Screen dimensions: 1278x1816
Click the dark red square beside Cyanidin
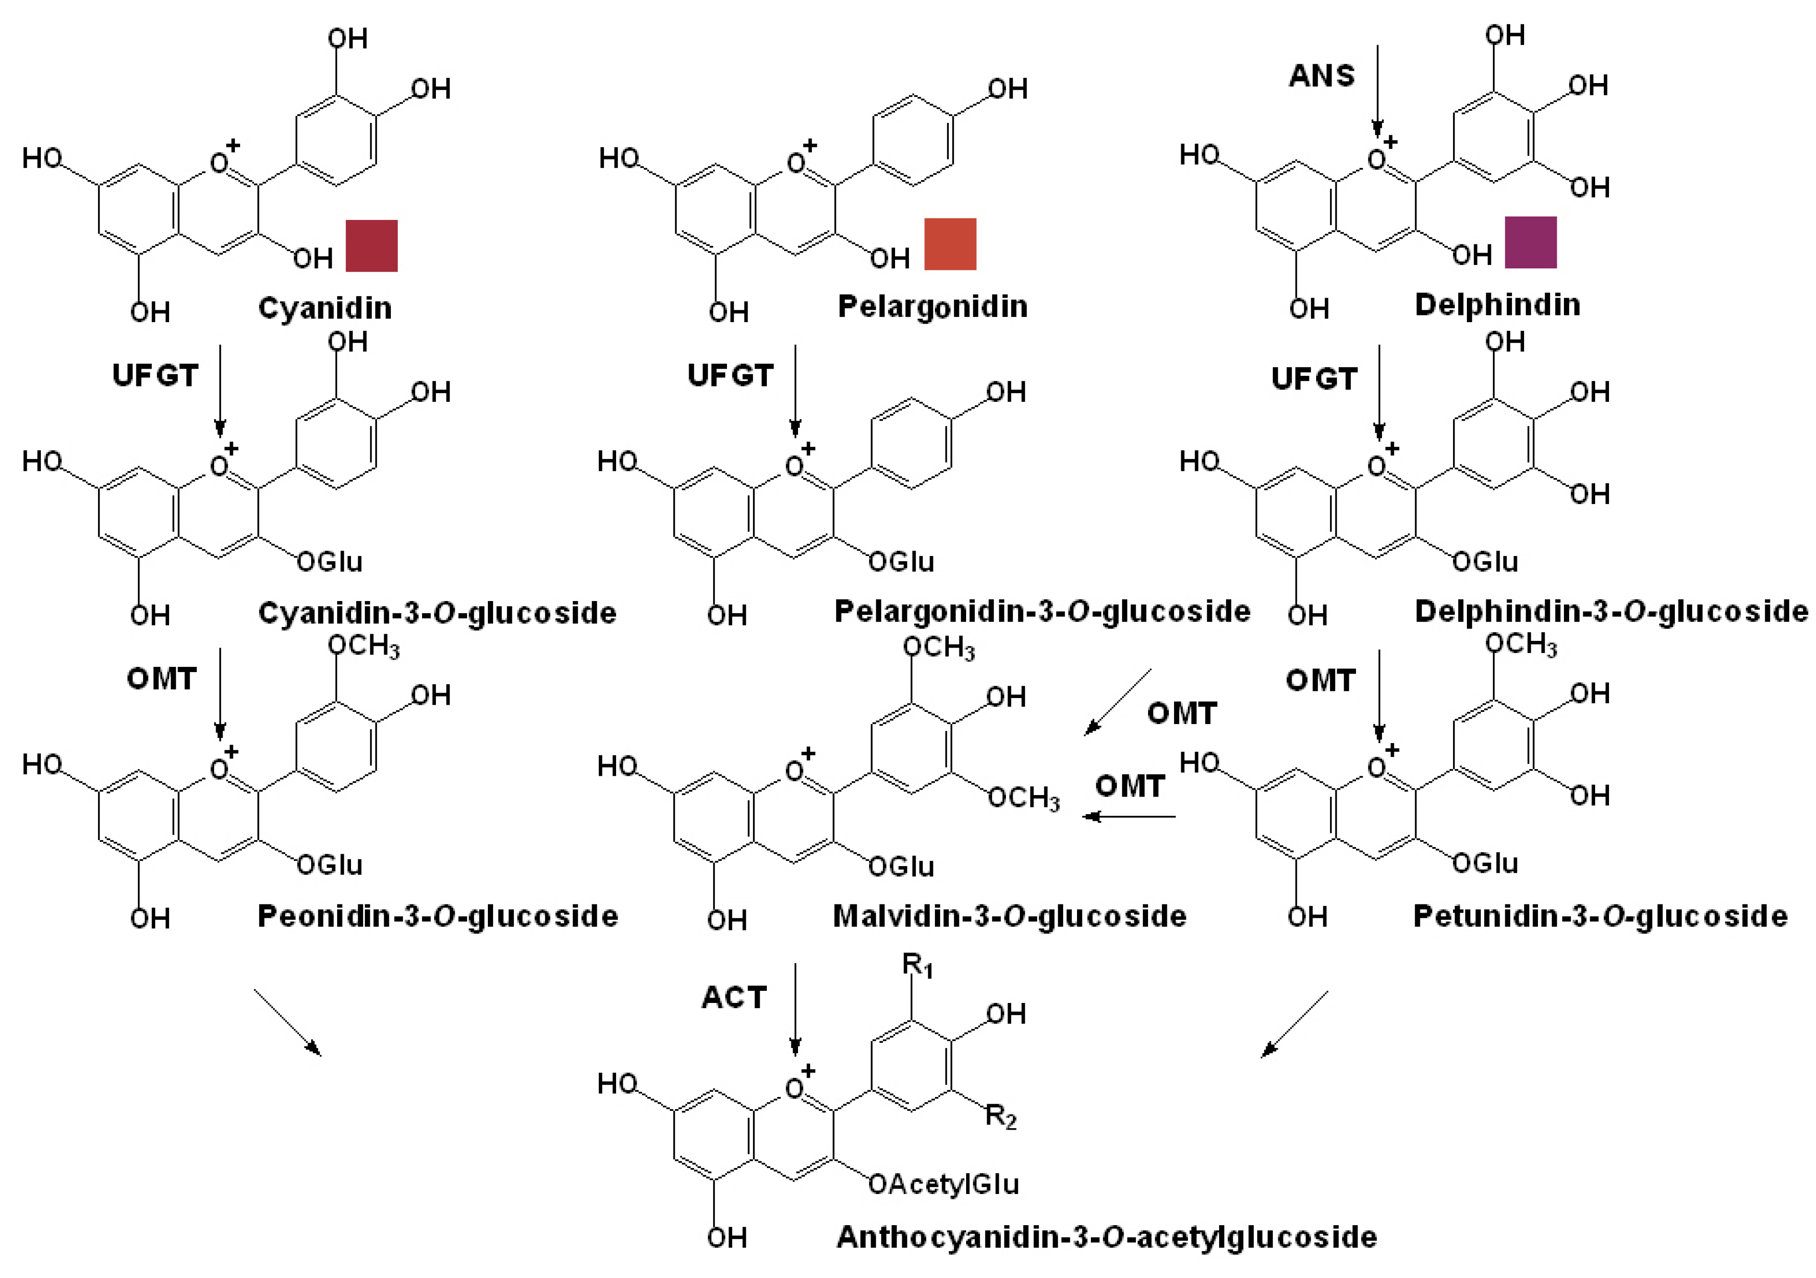(x=371, y=246)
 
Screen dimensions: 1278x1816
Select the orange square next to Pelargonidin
(x=950, y=244)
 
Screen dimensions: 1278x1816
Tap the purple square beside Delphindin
(x=1530, y=242)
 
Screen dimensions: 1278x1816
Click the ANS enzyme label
(x=1321, y=76)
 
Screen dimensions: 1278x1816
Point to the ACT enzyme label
(x=734, y=998)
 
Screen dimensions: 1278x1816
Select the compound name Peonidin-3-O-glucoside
(x=437, y=916)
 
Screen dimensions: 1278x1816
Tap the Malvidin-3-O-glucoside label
(x=1010, y=916)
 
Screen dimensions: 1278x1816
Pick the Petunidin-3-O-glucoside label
(x=1600, y=916)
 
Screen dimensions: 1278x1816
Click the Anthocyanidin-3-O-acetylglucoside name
(x=1106, y=1237)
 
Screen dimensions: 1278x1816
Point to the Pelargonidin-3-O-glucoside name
(x=1042, y=611)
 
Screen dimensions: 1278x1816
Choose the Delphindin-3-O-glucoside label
(x=1611, y=611)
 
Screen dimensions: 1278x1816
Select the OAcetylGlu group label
(x=944, y=1184)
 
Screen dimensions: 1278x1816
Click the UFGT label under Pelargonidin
(x=730, y=375)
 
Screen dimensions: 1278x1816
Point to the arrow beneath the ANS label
(x=1377, y=91)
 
